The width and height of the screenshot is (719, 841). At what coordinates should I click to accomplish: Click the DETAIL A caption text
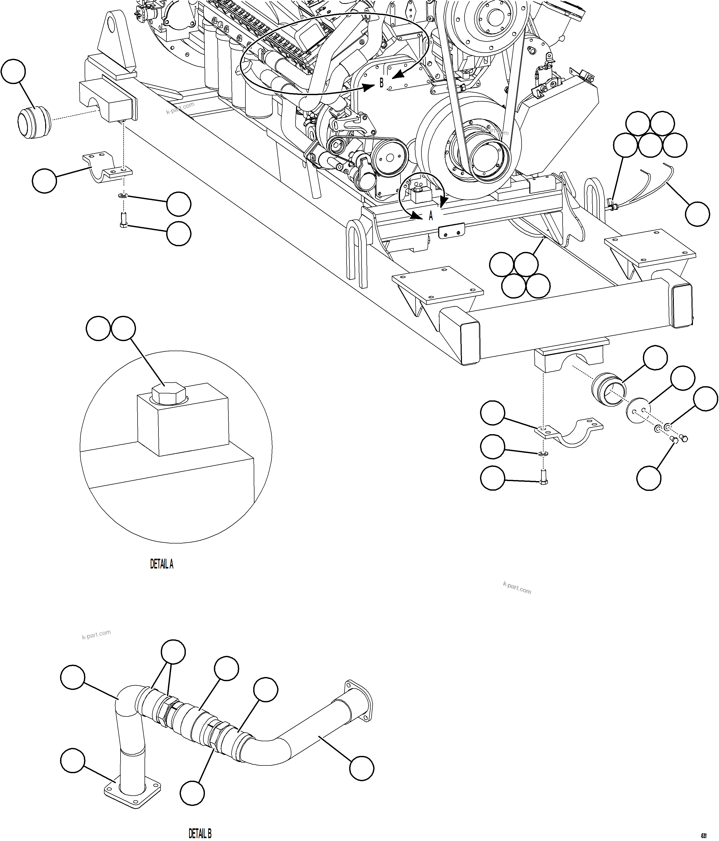[162, 564]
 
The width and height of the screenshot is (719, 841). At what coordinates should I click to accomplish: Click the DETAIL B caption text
[200, 833]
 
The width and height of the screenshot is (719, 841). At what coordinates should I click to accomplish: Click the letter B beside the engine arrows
[381, 83]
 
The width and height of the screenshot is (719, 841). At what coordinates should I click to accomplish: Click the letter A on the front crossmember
[431, 216]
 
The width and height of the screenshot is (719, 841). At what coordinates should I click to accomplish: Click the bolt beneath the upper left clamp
[124, 220]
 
